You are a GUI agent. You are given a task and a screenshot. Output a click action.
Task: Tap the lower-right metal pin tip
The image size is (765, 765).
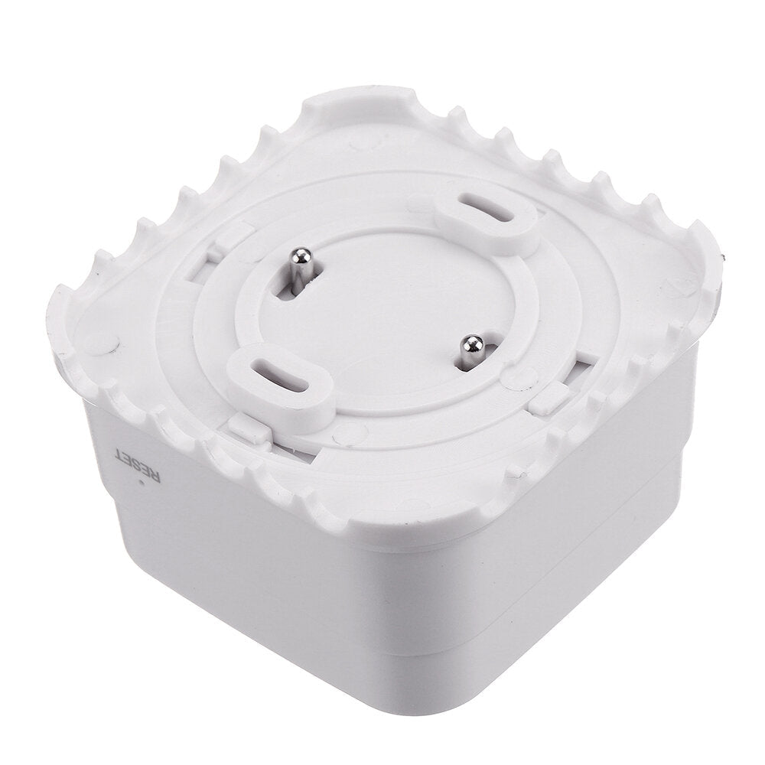tap(473, 343)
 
